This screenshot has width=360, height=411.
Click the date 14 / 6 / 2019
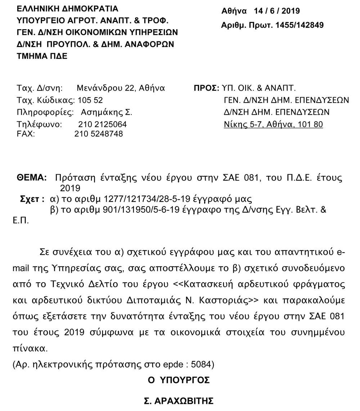[x=276, y=11]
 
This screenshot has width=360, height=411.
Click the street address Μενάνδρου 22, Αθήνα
[x=121, y=88]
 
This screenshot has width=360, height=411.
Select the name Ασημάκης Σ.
[x=107, y=112]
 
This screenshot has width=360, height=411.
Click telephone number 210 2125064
[x=102, y=125]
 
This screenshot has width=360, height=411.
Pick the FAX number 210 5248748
[x=99, y=134]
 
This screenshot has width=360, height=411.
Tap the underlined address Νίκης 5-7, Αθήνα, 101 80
[x=273, y=125]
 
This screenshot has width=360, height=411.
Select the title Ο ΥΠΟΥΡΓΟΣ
[x=179, y=380]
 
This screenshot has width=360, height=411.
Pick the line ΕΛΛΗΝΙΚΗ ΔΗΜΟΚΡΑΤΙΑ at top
[x=67, y=8]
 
